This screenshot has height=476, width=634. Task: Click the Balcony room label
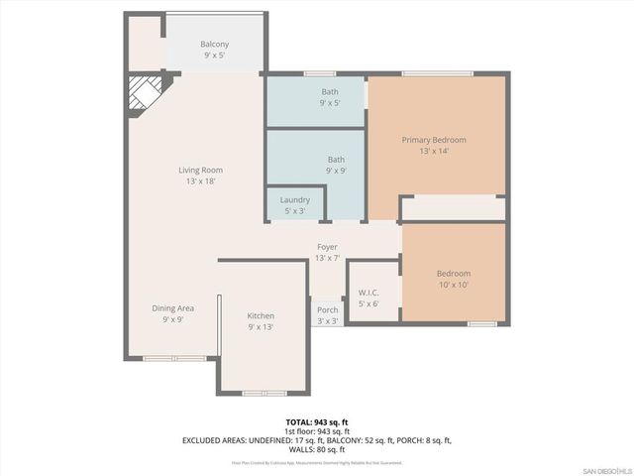point(215,45)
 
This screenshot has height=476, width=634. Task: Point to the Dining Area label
point(172,308)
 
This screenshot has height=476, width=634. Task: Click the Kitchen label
point(261,316)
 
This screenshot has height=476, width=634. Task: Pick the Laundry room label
point(295,200)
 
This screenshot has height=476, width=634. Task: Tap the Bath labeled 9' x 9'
point(336,159)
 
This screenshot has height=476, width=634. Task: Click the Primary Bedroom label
point(433,140)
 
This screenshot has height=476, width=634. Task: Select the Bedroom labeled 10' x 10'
point(454,274)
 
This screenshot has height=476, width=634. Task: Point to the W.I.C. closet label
point(369,293)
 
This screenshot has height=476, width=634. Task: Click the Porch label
point(327,310)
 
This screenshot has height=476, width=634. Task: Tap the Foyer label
point(327,247)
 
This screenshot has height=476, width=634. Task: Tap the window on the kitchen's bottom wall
point(263,393)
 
